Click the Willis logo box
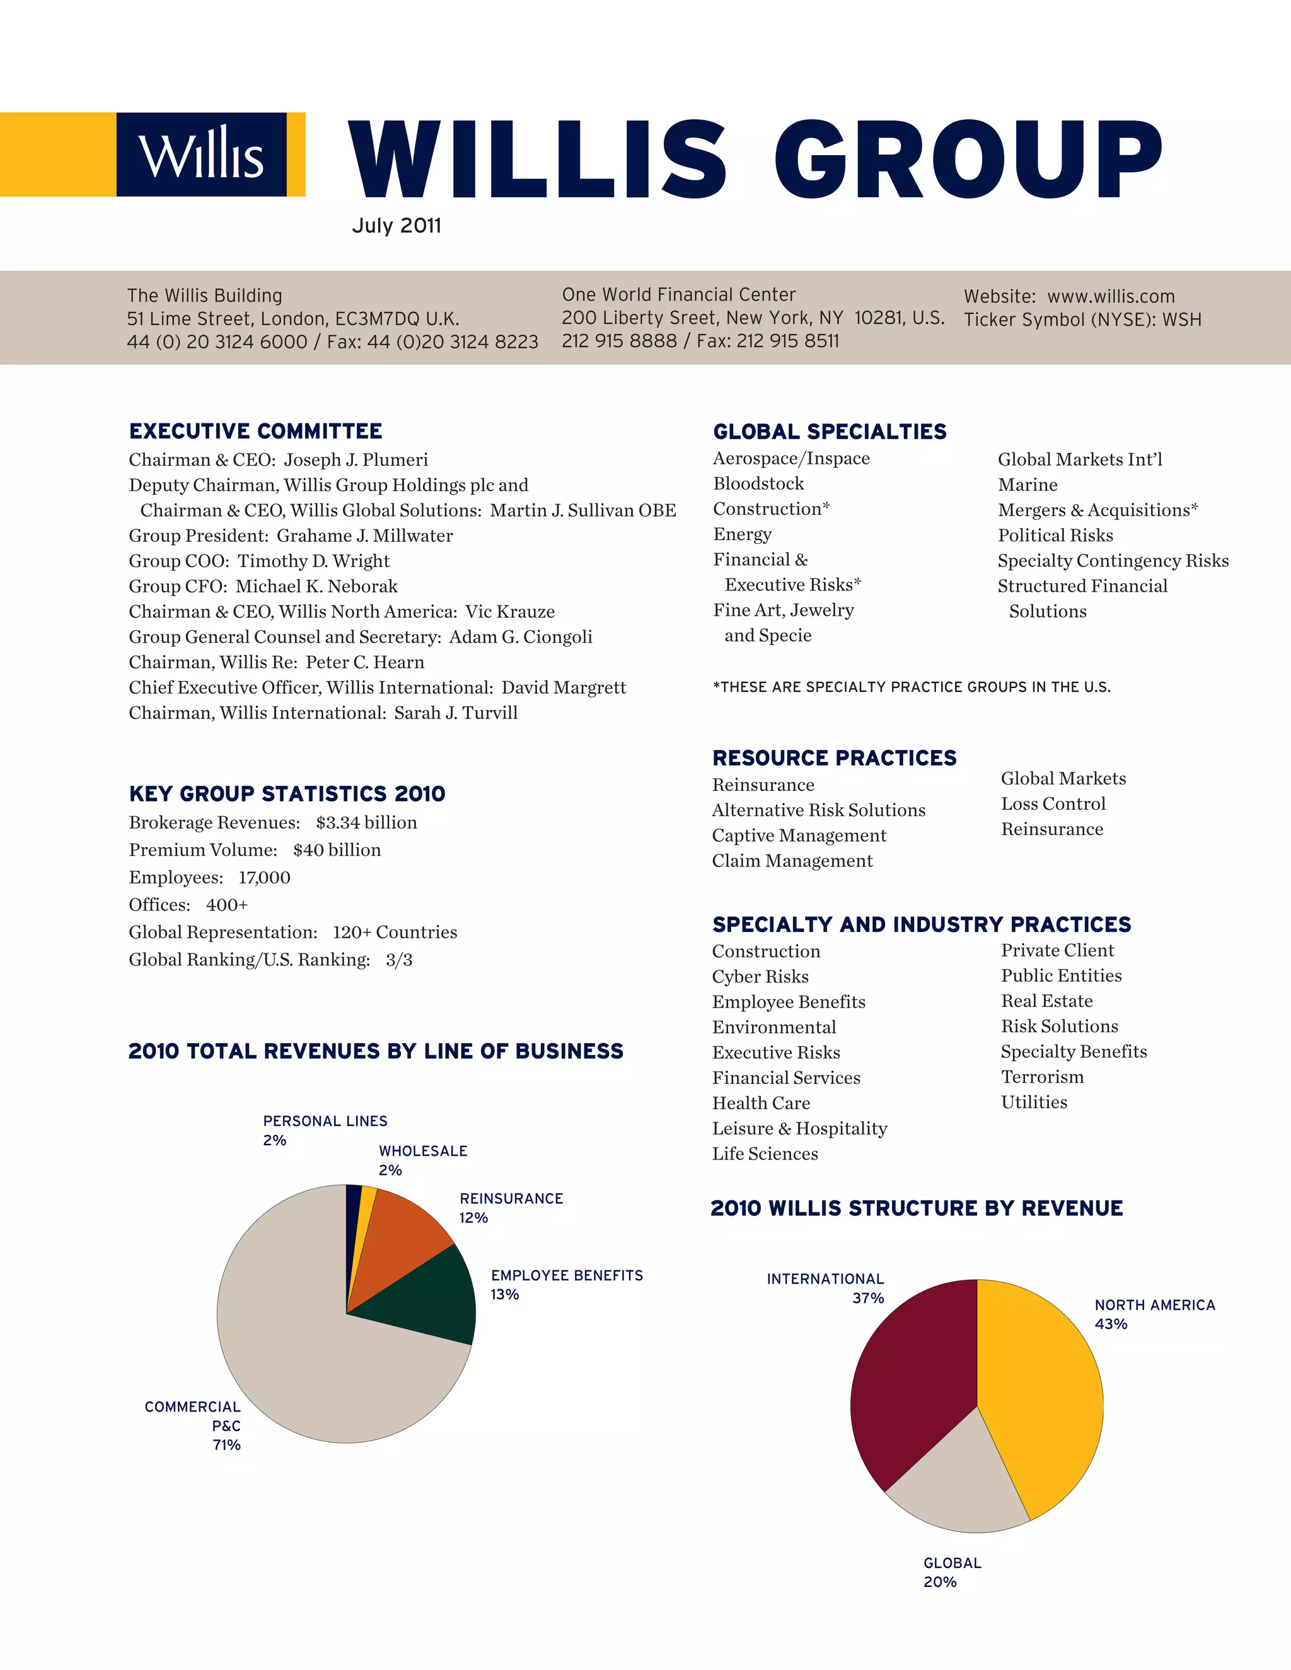pos(201,154)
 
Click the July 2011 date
pos(396,226)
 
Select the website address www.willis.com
pos(1111,297)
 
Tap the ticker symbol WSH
pos(1182,320)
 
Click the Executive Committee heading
pos(255,431)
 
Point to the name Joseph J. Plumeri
pos(356,459)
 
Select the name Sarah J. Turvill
pos(456,713)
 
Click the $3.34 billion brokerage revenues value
pos(366,823)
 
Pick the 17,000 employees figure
pos(265,878)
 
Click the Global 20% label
pos(951,1573)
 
